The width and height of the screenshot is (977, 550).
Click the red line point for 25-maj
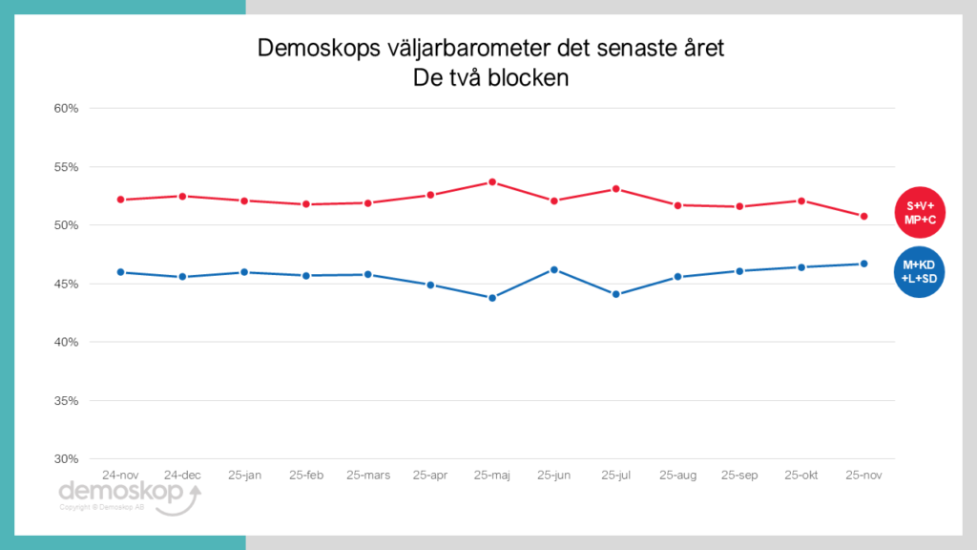(x=492, y=181)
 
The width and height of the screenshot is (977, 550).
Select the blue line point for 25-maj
(x=492, y=298)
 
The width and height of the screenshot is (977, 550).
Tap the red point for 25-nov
(x=863, y=216)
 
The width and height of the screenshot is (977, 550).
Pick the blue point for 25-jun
(x=554, y=269)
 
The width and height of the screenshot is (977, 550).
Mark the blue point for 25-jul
(x=616, y=294)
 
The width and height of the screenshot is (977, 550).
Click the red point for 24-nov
(x=121, y=200)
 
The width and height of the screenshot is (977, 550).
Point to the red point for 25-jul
(x=616, y=189)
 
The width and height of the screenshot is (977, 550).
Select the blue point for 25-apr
(x=430, y=285)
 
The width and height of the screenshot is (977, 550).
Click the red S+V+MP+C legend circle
(x=919, y=211)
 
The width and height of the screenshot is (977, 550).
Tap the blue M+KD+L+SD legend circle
(x=919, y=271)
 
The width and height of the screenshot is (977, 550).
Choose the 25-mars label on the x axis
(x=368, y=475)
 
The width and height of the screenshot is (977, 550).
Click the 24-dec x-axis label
(x=182, y=475)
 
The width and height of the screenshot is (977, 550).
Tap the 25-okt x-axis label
(x=801, y=475)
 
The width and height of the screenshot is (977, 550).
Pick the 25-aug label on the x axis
(x=677, y=475)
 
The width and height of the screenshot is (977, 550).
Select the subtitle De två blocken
(x=490, y=78)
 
